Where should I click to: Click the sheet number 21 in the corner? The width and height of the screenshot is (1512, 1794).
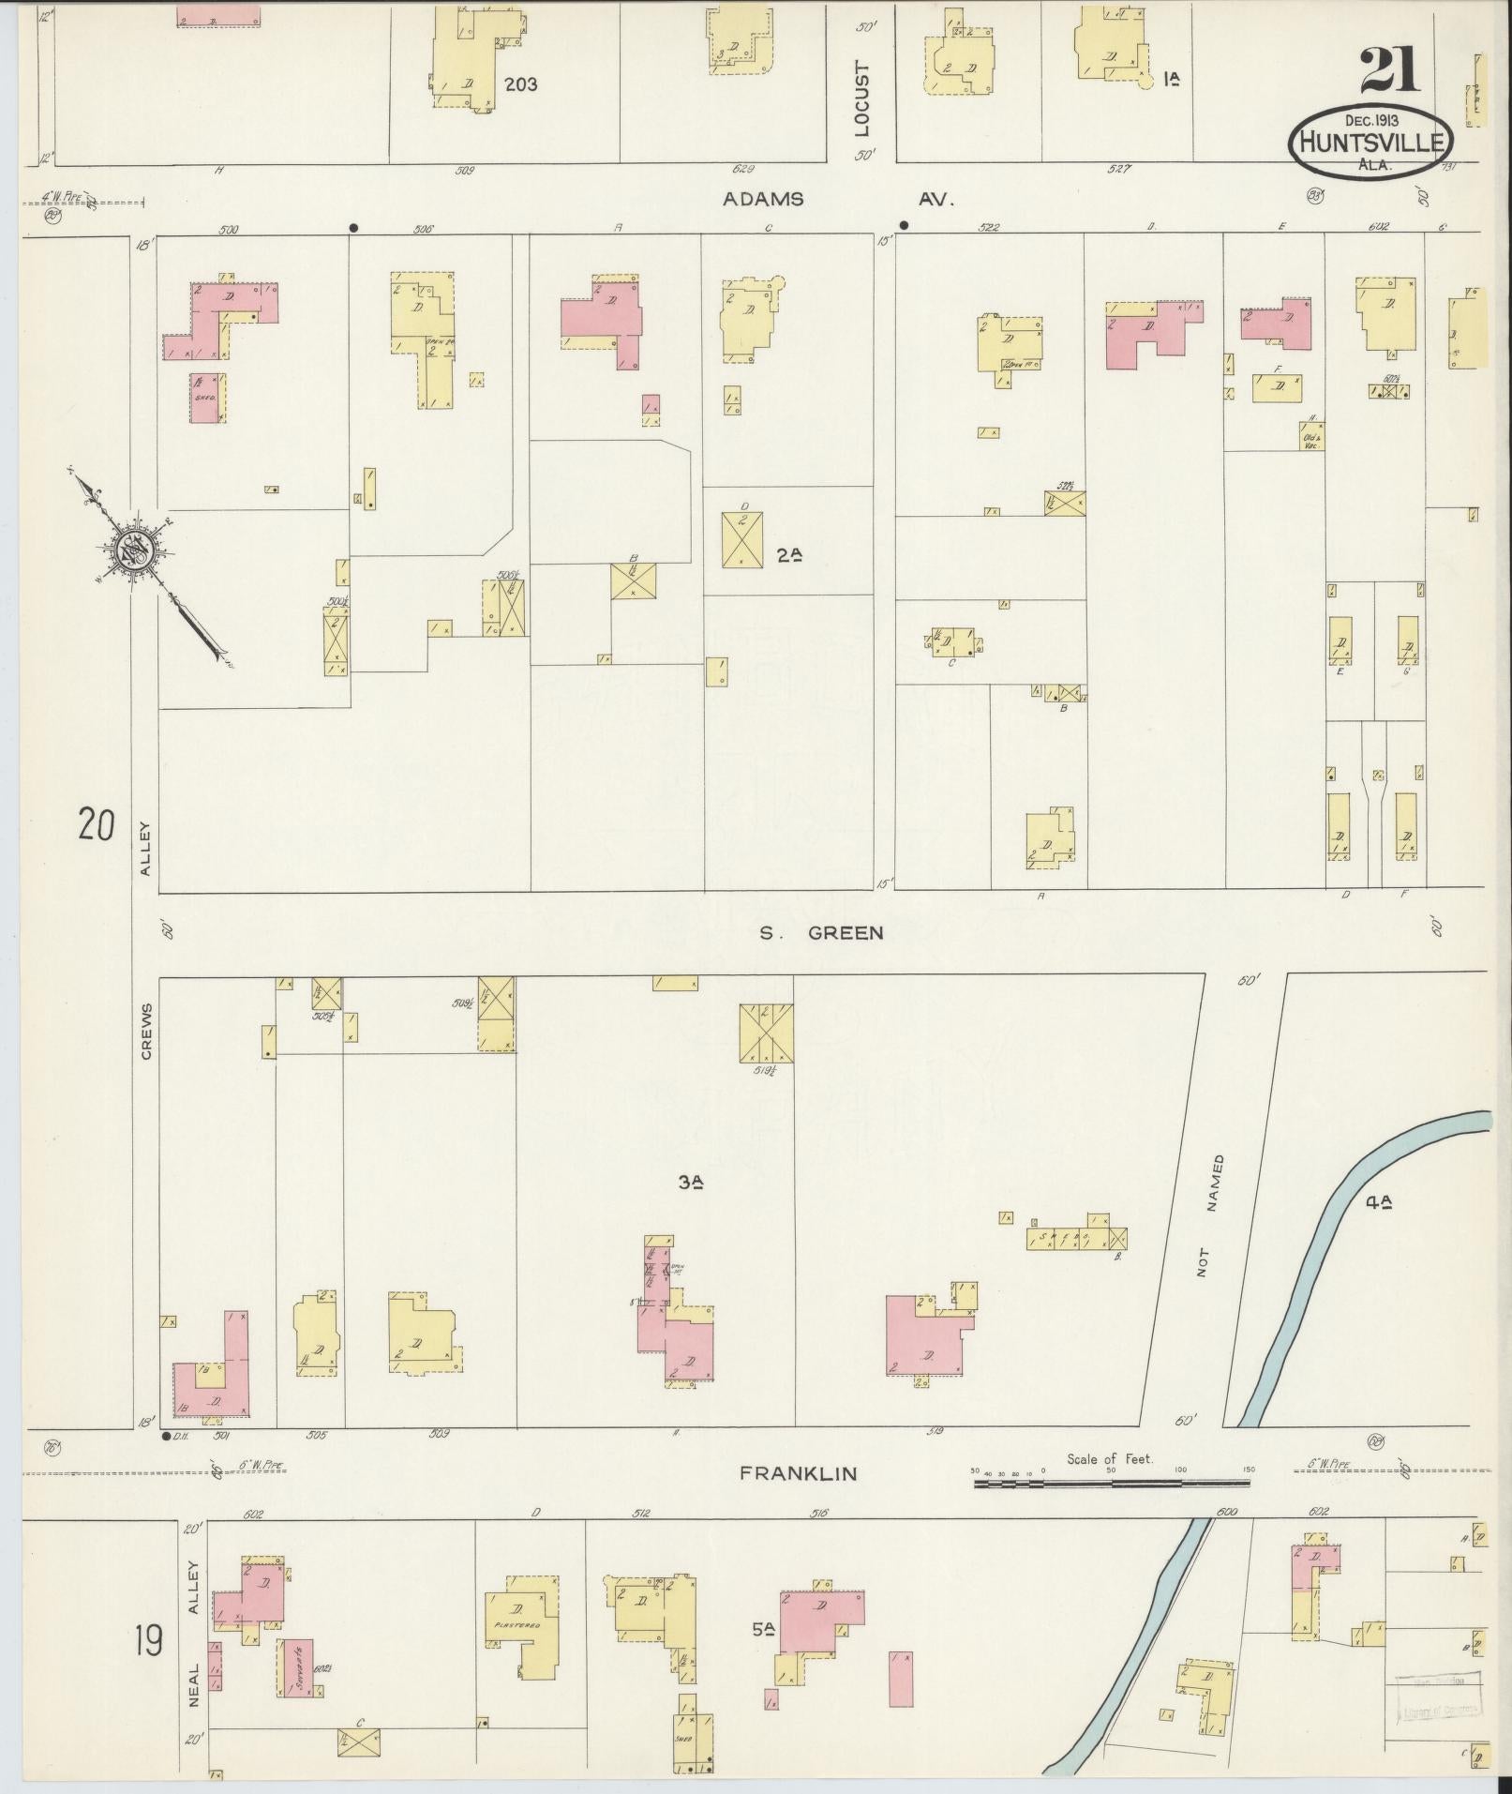coord(1389,70)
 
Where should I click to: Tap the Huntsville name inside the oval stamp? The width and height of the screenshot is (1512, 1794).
coord(1370,143)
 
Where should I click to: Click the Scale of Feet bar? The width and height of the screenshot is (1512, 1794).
coord(1111,1484)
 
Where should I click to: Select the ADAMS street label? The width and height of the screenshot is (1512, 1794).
coord(763,199)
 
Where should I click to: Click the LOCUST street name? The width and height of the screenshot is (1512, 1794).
coord(863,99)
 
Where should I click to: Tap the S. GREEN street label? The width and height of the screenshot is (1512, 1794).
coord(822,932)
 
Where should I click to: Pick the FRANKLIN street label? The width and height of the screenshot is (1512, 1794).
coord(798,1473)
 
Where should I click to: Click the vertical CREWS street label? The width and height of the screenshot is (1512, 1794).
coord(146,1029)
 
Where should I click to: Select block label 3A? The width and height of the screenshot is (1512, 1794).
coord(691,1183)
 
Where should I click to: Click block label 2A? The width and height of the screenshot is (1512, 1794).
coord(790,554)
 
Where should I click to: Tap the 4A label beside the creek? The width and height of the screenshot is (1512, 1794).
coord(1379,1199)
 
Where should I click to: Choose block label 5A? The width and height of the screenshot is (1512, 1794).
coord(763,1630)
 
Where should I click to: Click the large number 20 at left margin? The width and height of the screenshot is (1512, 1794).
coord(97,826)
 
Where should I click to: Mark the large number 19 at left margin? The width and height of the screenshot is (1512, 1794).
coord(148,1641)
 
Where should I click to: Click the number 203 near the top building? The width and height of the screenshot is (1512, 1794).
coord(520,84)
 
